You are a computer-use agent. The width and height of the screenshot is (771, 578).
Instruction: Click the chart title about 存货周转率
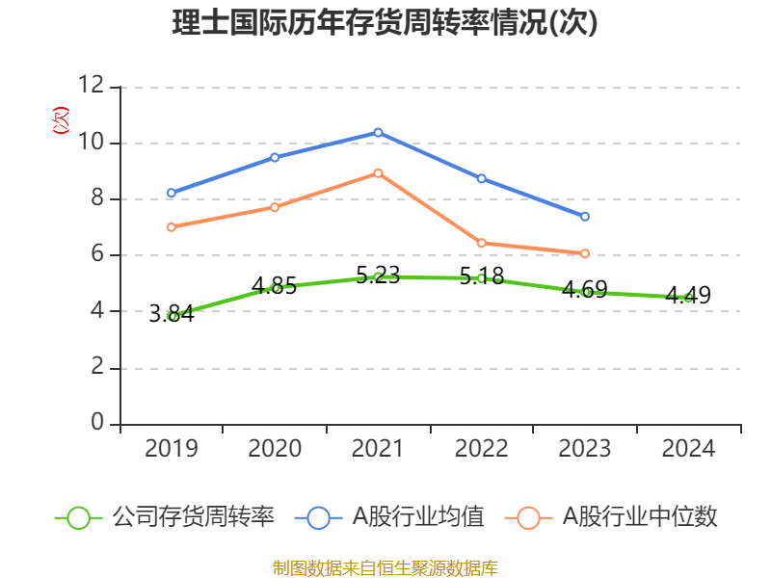coord(385,23)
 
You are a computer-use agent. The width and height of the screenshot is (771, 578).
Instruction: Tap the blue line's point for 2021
coord(378,132)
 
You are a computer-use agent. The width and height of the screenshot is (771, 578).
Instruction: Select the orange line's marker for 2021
coord(378,173)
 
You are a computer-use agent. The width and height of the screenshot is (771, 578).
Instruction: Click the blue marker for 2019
coord(172,194)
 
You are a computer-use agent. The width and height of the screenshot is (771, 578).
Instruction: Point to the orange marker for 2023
coord(585,253)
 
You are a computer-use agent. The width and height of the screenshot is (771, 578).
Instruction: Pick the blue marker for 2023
coord(585,217)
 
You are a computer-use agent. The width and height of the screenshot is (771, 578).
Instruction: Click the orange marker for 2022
coord(482,243)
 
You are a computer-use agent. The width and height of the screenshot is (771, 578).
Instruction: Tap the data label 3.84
coord(172,313)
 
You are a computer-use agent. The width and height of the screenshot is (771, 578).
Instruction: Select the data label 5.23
coord(378,275)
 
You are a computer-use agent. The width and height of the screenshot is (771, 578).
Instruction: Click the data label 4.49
coord(688,295)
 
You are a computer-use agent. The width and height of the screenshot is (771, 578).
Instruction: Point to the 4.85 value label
coord(275,285)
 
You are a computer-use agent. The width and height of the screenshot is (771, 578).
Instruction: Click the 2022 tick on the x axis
coord(482,449)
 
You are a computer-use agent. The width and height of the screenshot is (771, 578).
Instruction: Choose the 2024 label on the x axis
coord(688,449)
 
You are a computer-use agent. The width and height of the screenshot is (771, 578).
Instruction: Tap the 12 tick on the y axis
coord(93,86)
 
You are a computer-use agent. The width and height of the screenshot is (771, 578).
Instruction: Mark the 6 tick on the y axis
coord(97,255)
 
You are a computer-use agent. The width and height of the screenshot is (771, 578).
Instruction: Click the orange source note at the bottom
coord(385,567)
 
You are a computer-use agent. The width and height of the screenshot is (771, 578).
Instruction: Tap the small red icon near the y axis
coord(60,120)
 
